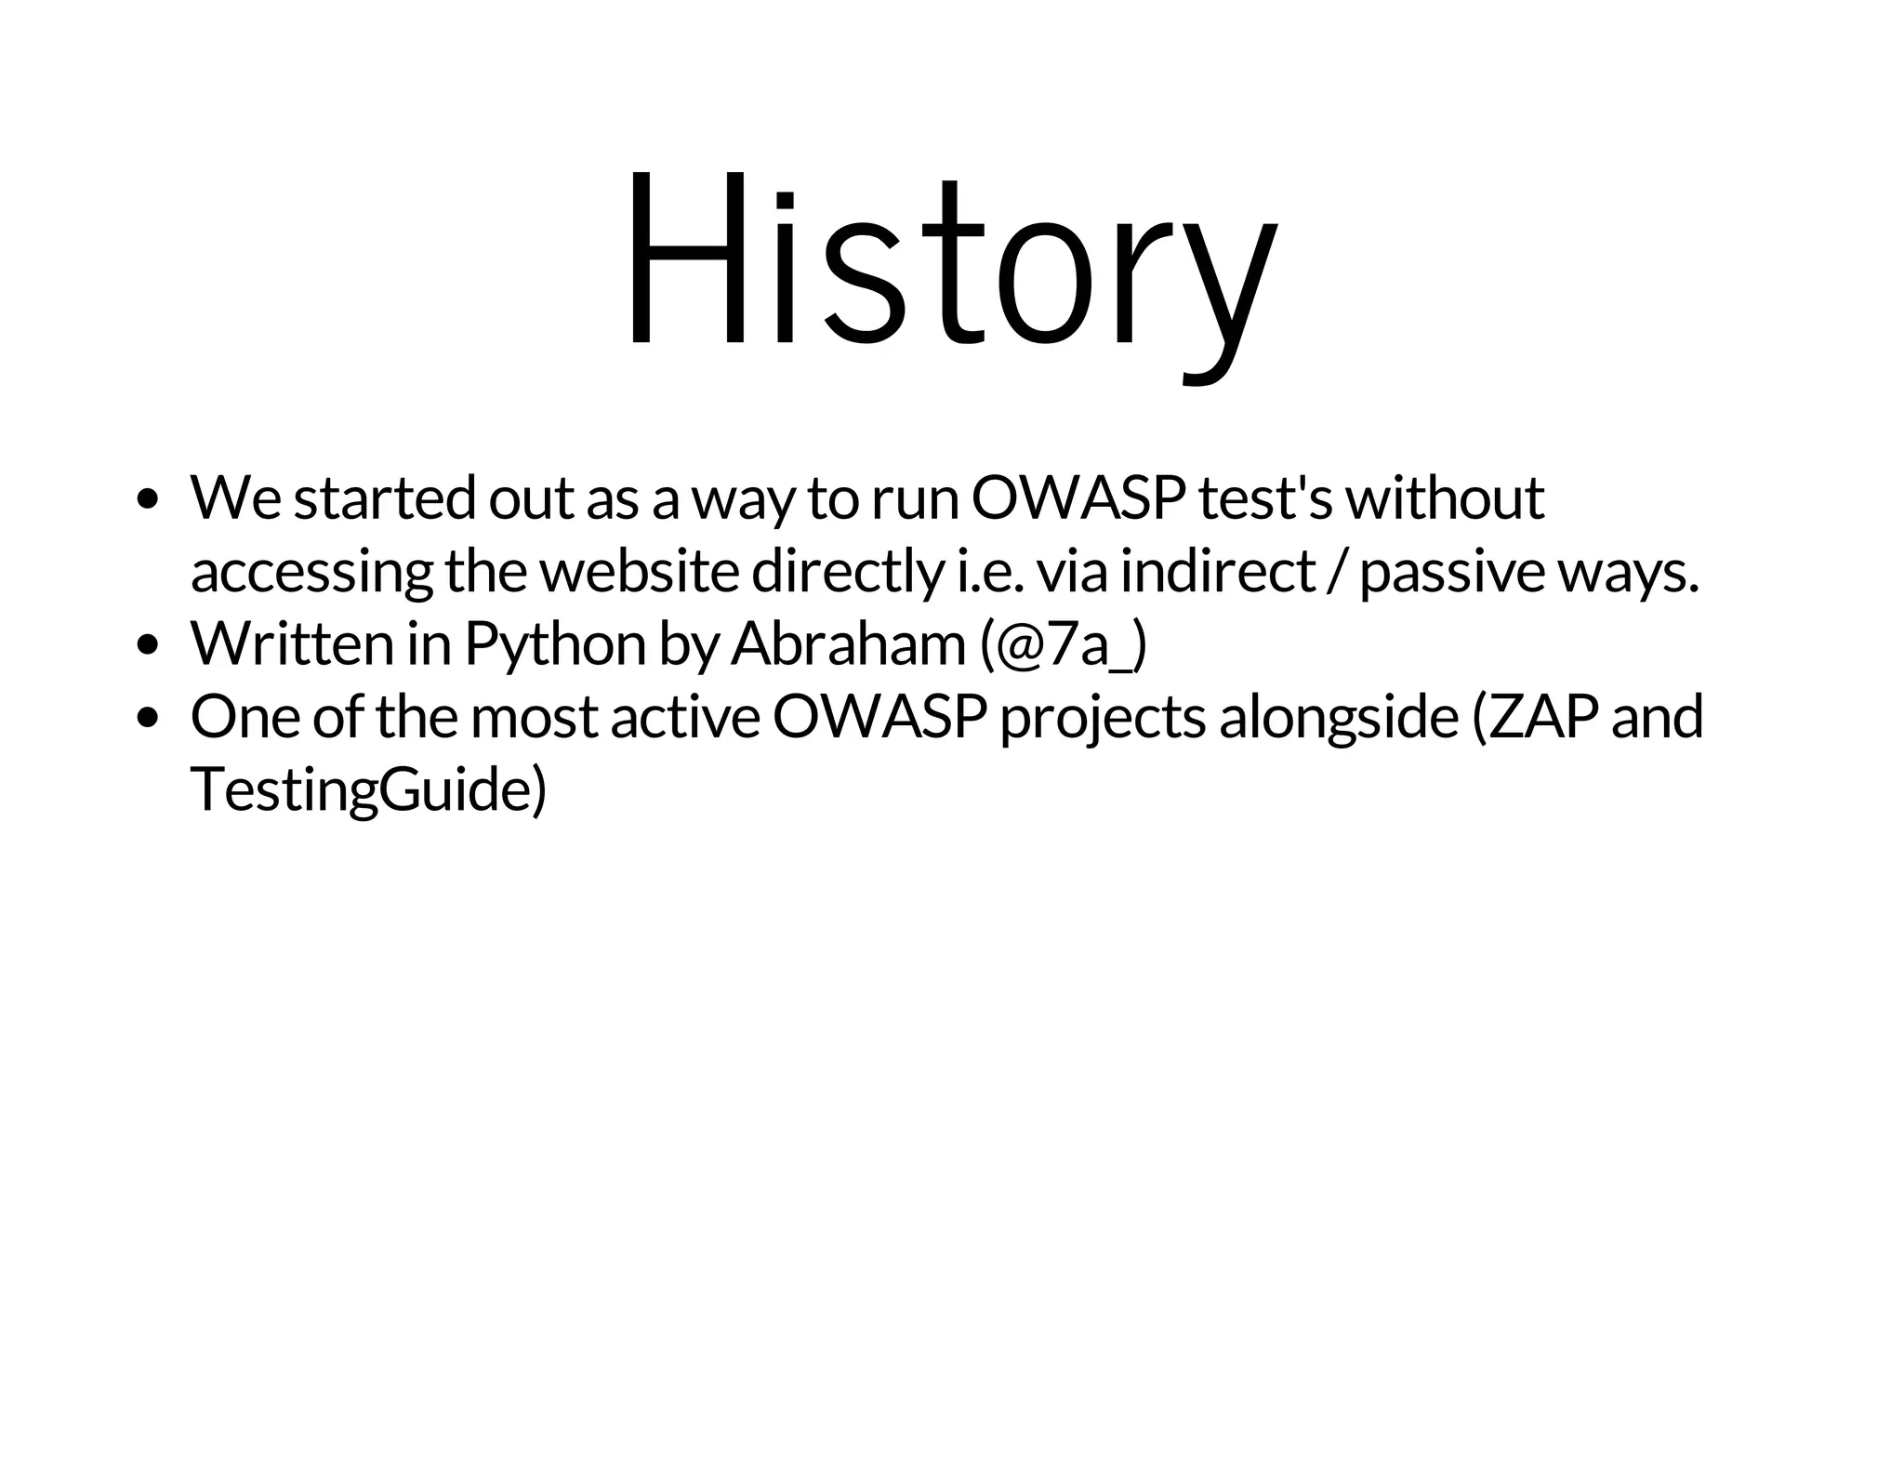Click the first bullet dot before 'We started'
tap(146, 499)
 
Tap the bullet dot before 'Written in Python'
tap(146, 644)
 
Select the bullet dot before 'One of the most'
tap(146, 717)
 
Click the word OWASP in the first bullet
tap(1078, 497)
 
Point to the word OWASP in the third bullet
tap(879, 717)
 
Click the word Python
tap(554, 644)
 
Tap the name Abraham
tap(848, 644)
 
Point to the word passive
tap(1451, 573)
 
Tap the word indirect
tap(1217, 571)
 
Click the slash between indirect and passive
tap(1337, 571)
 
